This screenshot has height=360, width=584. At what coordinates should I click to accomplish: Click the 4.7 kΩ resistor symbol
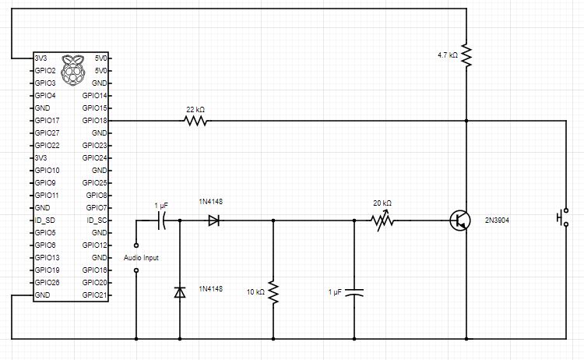tap(466, 55)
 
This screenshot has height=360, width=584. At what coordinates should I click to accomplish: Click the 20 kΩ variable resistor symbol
tap(382, 221)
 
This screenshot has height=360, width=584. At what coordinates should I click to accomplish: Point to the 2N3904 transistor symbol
tap(459, 221)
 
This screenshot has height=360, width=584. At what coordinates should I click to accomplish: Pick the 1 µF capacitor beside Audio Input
tap(161, 221)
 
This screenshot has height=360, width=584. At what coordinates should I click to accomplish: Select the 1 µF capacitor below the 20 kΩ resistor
tap(354, 294)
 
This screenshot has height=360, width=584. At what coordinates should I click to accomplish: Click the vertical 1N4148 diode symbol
tap(180, 292)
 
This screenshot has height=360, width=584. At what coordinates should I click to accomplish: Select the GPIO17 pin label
tap(47, 121)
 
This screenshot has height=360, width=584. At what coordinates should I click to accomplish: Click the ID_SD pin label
tap(44, 221)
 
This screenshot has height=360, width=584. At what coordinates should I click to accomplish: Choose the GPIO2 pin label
tap(44, 71)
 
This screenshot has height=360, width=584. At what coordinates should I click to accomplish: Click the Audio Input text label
tap(141, 258)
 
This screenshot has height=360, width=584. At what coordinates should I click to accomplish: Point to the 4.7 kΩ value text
tap(448, 55)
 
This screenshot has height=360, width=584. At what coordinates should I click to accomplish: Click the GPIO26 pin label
tap(47, 283)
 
